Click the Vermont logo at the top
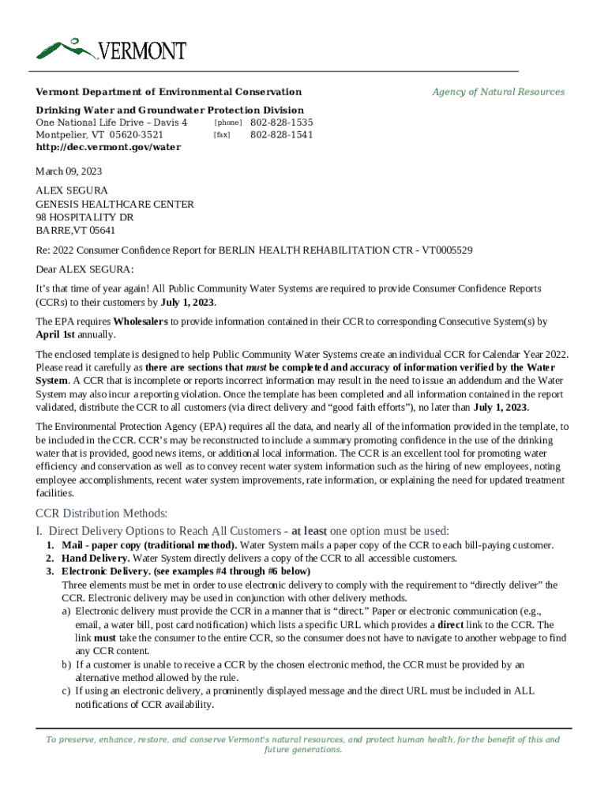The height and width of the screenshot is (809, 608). click(111, 49)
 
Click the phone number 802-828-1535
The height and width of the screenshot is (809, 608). click(281, 122)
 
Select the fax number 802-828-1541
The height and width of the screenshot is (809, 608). click(281, 134)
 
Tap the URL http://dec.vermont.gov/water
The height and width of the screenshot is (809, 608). click(108, 147)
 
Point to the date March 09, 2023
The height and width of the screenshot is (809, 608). click(69, 171)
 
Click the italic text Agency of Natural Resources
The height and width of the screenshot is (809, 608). click(498, 92)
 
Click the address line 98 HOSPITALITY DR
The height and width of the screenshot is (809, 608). click(84, 217)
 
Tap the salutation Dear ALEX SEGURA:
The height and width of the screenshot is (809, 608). click(84, 269)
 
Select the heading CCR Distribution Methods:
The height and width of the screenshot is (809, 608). click(102, 514)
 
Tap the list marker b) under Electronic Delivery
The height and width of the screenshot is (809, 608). click(67, 664)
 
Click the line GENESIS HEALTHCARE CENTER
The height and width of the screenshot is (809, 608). click(114, 204)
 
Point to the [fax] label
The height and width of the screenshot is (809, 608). click(222, 135)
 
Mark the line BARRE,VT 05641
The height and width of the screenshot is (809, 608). click(76, 231)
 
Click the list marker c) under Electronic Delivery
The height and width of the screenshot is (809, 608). click(67, 690)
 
